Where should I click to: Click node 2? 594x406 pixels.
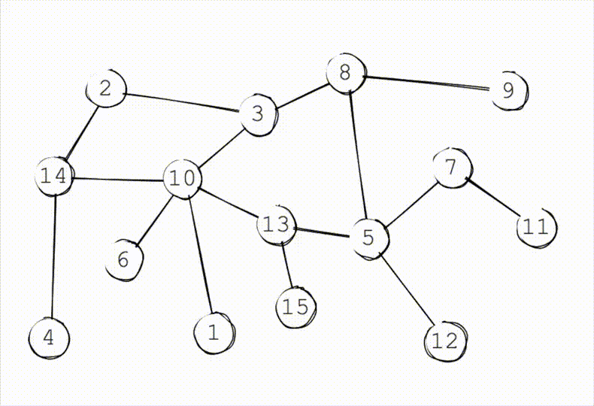(105, 89)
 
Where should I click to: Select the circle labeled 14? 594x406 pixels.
(54, 177)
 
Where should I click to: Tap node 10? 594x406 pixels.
(182, 179)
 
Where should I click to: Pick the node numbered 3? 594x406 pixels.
(258, 114)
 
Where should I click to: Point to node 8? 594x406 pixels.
(345, 73)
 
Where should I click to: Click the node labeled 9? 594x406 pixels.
(508, 91)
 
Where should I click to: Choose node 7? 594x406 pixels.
(452, 168)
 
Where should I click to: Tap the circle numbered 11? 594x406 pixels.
(536, 227)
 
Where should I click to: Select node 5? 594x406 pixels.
(368, 238)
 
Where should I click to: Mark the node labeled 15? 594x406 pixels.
(296, 307)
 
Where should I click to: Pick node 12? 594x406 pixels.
(445, 341)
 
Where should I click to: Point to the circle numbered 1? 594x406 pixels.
(214, 333)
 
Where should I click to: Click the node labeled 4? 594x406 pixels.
(49, 338)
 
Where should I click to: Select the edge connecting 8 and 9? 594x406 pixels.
(427, 82)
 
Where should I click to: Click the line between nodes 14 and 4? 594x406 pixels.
(53, 256)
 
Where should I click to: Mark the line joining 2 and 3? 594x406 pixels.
(182, 101)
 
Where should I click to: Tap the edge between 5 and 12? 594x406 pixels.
(406, 289)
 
